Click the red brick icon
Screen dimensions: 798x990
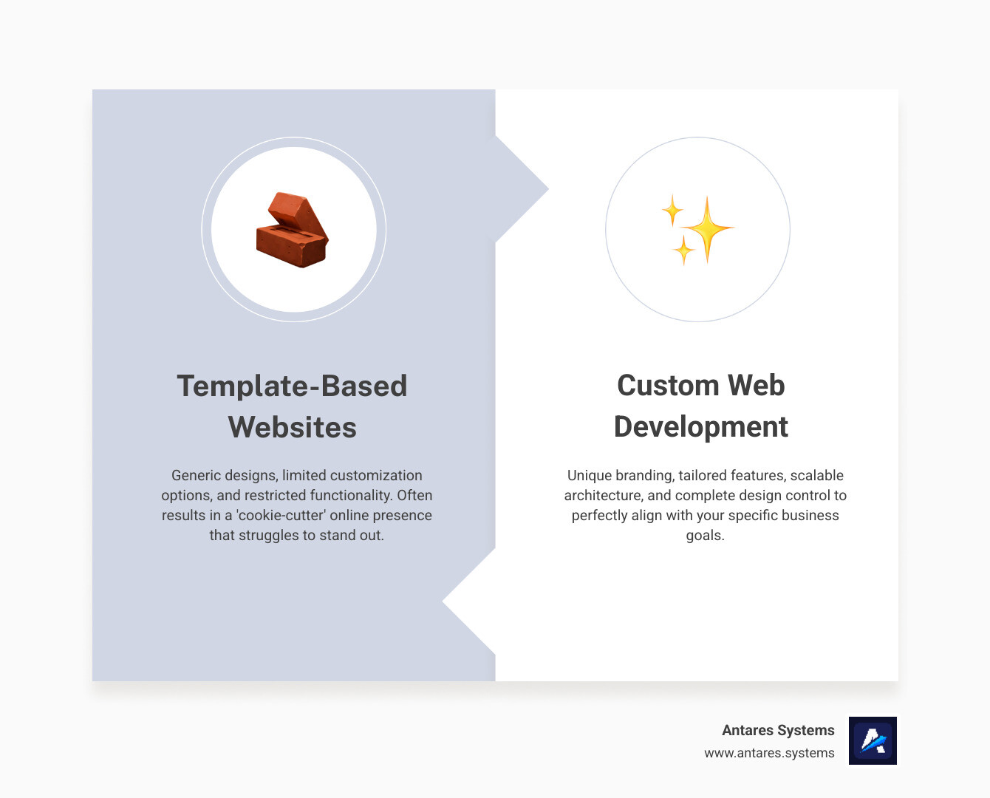click(293, 230)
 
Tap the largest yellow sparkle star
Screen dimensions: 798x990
click(707, 228)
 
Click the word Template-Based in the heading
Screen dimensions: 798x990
click(292, 386)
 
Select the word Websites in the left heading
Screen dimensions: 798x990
click(292, 427)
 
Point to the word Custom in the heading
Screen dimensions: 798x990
click(668, 385)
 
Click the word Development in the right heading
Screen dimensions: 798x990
click(700, 426)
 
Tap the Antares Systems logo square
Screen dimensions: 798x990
click(873, 740)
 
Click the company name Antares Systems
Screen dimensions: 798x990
click(778, 730)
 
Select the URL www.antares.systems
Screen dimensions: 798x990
click(769, 753)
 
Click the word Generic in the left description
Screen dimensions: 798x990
click(196, 475)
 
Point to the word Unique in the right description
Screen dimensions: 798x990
click(589, 475)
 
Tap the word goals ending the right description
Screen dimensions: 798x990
click(703, 535)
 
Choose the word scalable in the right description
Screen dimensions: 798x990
click(816, 475)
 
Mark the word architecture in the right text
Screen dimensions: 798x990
click(603, 495)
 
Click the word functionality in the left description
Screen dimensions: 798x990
click(350, 495)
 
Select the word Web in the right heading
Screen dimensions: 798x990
click(756, 385)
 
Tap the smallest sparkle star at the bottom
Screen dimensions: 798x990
click(683, 250)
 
